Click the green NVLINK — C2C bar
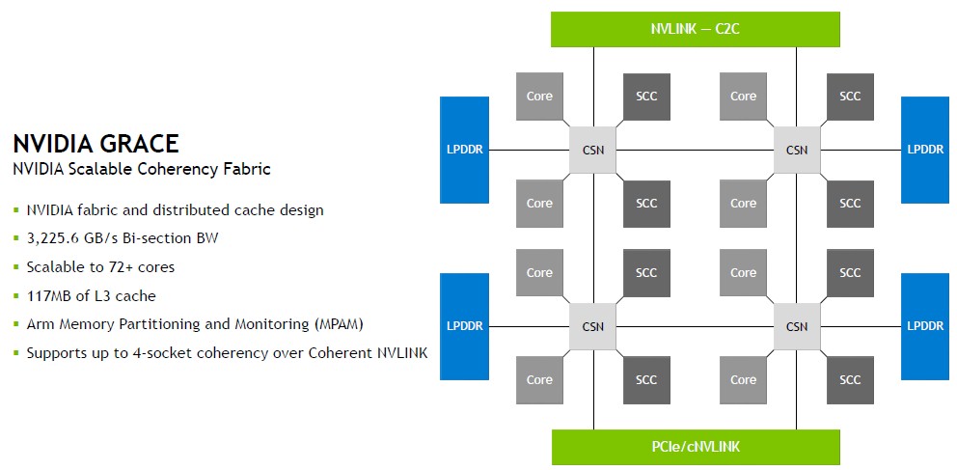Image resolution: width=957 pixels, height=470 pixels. coord(695,29)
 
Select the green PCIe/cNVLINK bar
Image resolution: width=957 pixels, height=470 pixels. coord(695,447)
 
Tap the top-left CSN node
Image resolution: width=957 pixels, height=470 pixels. coord(593,150)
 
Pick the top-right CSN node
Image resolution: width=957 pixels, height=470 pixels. coord(797,150)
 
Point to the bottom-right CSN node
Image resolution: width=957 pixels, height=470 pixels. coord(797,326)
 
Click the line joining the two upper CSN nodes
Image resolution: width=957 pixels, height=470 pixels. coord(695,150)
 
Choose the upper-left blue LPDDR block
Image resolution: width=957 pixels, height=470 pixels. coord(467,150)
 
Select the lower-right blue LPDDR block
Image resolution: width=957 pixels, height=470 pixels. coord(925,326)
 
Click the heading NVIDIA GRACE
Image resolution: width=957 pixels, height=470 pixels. coord(96,144)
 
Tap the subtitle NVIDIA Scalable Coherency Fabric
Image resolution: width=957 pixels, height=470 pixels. coord(141,170)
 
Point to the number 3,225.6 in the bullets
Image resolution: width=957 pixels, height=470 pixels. coord(57,238)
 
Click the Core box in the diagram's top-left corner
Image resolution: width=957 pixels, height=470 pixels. coord(539,97)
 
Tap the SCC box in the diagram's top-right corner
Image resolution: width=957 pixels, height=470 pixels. coord(850,97)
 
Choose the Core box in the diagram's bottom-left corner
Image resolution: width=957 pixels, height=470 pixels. coord(539,380)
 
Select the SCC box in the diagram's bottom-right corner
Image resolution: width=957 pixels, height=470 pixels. coord(850,380)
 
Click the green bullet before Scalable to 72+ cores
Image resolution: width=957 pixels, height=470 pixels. coord(16,267)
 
